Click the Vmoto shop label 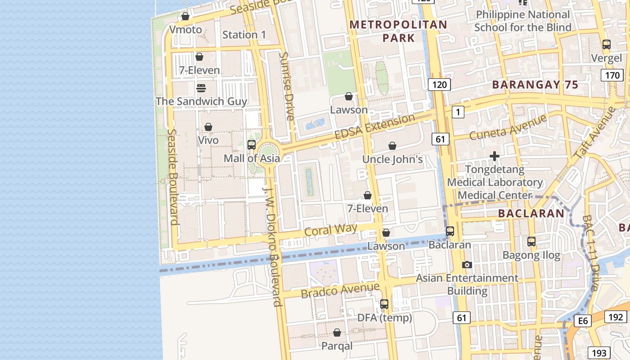185,30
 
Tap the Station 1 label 244,35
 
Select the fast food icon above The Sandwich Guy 201,88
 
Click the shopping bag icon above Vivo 208,127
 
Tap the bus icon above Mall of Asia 252,145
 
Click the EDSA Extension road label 374,127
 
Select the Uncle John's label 392,159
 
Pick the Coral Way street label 331,229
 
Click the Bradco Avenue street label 340,290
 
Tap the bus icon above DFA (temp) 384,304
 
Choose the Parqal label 337,346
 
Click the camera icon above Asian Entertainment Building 467,265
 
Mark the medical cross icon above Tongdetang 495,156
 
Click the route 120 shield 439,84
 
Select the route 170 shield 612,75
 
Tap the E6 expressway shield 583,321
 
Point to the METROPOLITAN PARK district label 398,31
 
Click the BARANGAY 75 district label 535,85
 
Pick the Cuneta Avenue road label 508,127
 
